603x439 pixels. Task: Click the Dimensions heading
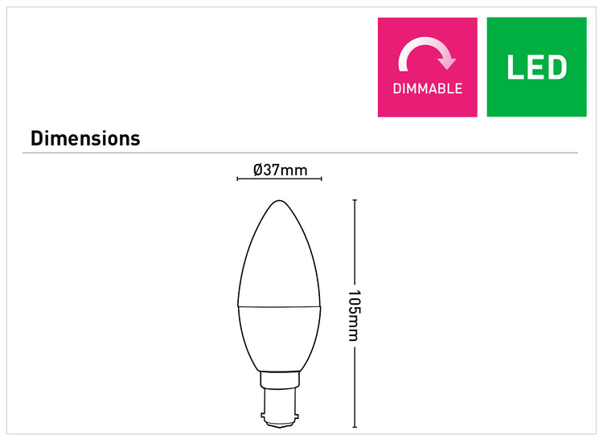coord(85,138)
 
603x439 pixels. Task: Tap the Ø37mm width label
coord(281,170)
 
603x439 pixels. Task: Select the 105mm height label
coord(355,315)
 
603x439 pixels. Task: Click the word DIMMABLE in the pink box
coord(427,88)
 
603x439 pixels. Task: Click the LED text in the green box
coord(536,68)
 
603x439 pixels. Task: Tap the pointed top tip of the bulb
coord(280,200)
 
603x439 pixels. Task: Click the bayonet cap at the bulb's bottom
coord(280,408)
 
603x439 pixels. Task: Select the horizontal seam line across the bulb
coord(280,307)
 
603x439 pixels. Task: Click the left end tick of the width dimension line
coord(237,178)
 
